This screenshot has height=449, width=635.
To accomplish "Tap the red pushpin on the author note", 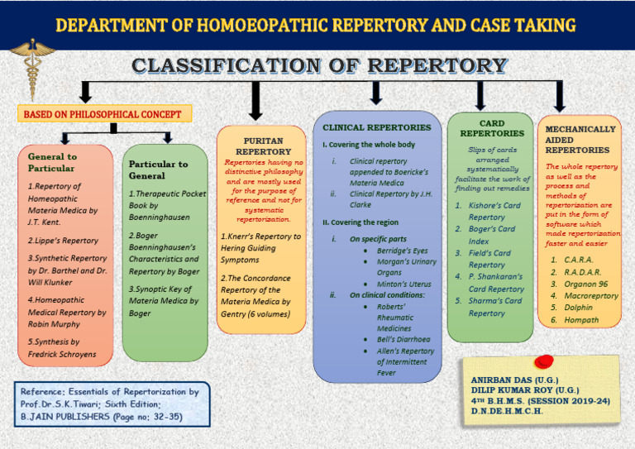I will [544, 361].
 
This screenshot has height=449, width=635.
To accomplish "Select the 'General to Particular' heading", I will [52, 162].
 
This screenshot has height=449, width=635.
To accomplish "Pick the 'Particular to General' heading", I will [158, 170].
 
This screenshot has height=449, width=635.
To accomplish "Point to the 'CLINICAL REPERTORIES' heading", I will [376, 127].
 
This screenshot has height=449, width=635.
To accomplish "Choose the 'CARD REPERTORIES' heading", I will [492, 128].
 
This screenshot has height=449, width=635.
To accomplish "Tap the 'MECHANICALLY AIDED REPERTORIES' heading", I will [580, 140].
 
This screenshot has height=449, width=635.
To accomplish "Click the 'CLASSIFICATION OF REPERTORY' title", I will [320, 64].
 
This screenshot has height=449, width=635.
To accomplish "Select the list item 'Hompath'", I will [581, 318].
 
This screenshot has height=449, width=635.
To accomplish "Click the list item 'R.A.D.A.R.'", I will [583, 272].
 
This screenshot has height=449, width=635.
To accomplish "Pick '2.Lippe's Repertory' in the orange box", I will [63, 241].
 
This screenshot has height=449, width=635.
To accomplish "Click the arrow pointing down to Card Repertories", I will [492, 98].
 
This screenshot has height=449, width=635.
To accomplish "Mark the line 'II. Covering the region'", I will [360, 222].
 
